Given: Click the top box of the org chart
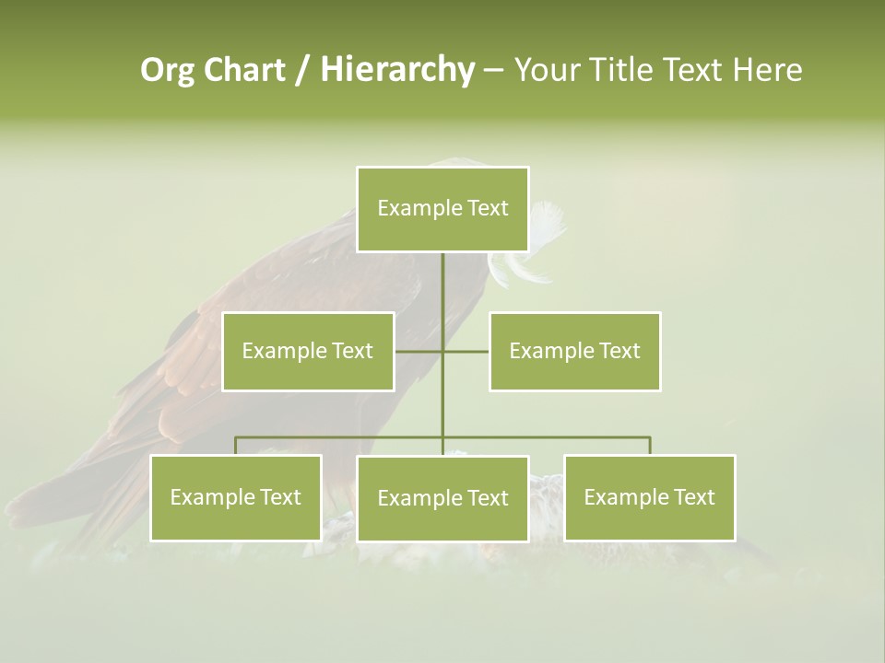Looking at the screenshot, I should point(442,209).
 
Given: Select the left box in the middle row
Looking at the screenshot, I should point(308,351).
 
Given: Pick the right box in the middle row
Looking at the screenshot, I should point(574,351).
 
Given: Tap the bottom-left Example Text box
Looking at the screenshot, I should point(236,497).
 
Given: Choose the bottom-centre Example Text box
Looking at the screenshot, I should point(442,498).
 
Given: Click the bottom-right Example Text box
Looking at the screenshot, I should point(649,497).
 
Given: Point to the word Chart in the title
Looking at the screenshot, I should point(243,70).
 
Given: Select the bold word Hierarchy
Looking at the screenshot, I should point(397,70).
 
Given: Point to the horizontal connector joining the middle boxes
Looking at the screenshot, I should point(466,351).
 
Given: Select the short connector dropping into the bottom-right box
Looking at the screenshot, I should point(650,446).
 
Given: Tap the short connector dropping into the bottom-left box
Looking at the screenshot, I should point(236,446).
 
